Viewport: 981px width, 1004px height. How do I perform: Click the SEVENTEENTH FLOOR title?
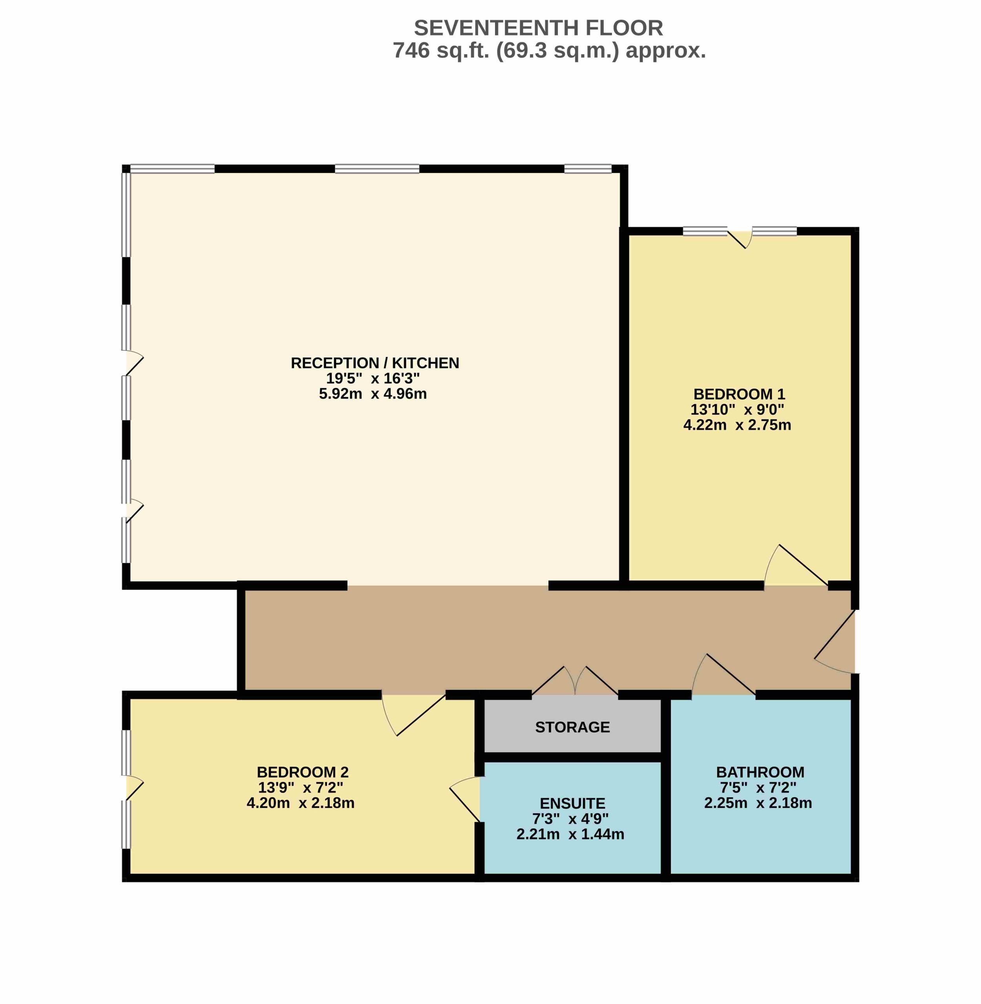[x=539, y=28]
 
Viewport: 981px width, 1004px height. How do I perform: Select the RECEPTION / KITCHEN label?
[x=375, y=363]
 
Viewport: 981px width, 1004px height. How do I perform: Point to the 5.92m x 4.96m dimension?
[x=373, y=394]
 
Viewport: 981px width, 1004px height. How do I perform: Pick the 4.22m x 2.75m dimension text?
[x=737, y=425]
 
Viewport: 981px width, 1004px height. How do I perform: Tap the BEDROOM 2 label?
[x=303, y=772]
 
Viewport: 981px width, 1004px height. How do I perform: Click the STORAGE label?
[x=572, y=727]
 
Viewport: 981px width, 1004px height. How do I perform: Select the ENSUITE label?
[x=572, y=804]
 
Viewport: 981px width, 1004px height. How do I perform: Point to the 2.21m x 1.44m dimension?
[x=570, y=834]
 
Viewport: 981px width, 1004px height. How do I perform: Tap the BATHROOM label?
[x=760, y=772]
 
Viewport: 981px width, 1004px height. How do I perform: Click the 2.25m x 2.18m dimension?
[x=758, y=803]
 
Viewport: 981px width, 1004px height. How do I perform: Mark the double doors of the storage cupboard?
[x=575, y=681]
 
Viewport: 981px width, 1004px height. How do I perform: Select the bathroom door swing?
[x=724, y=675]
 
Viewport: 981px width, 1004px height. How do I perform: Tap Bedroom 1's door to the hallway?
[x=796, y=565]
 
